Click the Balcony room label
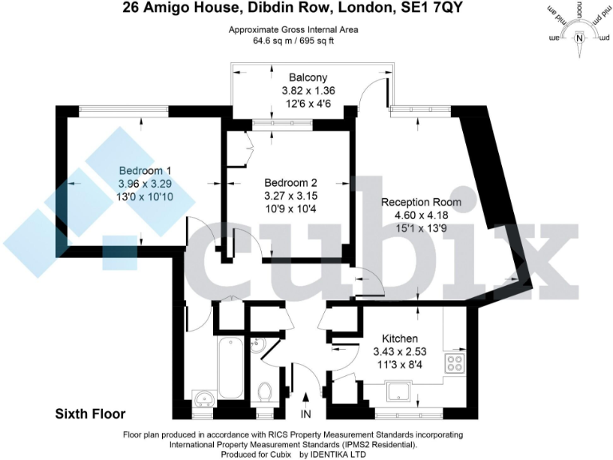click(x=308, y=77)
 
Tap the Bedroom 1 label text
click(x=144, y=171)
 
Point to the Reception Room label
click(x=421, y=202)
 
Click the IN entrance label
click(x=306, y=414)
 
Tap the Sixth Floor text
click(x=90, y=414)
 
